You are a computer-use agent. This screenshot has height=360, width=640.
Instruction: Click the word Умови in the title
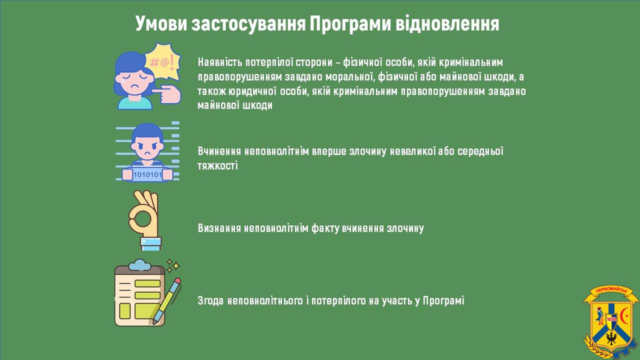(x=161, y=23)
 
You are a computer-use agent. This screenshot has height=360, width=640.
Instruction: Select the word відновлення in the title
(x=447, y=23)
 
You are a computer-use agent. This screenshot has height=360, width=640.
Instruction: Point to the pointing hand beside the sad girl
(x=167, y=94)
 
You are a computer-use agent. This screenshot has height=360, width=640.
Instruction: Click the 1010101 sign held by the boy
(x=147, y=174)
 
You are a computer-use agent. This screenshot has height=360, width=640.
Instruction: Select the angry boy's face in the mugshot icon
(x=147, y=147)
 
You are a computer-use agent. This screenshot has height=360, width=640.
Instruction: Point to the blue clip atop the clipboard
(x=139, y=265)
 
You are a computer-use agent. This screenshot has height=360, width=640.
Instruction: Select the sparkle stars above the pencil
(x=173, y=265)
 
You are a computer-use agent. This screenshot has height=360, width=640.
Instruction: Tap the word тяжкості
(x=217, y=165)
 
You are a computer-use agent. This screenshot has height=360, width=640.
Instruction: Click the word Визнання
(x=219, y=228)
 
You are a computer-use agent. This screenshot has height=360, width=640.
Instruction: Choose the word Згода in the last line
(x=210, y=301)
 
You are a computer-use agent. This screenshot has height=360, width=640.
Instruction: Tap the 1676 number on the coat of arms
(x=611, y=319)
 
